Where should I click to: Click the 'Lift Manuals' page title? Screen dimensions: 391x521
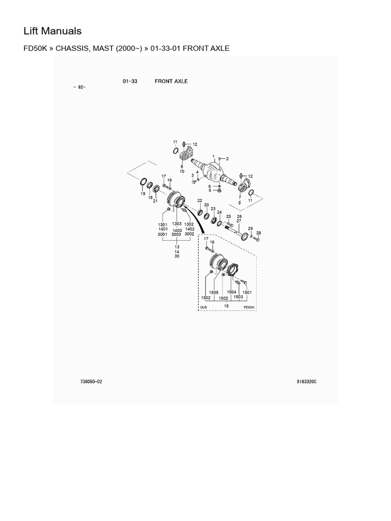coord(52,31)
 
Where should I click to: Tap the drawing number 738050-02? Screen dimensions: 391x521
coord(91,382)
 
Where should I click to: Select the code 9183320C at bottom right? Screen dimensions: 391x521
coord(306,382)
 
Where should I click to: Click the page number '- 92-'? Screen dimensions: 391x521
coord(79,87)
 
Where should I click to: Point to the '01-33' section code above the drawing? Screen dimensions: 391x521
coord(130,81)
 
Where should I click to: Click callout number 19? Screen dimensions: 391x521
coord(143,194)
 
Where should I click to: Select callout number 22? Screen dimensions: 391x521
coord(200,200)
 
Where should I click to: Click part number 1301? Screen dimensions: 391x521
coord(162,224)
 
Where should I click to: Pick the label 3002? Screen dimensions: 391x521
coord(189,234)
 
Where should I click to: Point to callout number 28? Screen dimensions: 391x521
coord(259,233)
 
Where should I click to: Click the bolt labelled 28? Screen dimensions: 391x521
coord(256,238)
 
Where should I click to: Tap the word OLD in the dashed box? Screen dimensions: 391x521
coord(204,307)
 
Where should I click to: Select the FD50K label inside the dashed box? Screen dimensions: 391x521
coord(248,307)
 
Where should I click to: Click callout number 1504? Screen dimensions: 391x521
coord(232,292)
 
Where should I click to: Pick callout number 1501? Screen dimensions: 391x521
coord(247,293)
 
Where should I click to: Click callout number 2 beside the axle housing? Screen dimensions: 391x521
coord(228,159)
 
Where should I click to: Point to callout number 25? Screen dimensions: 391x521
coord(229,217)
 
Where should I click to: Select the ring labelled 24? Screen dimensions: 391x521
coord(220,222)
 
